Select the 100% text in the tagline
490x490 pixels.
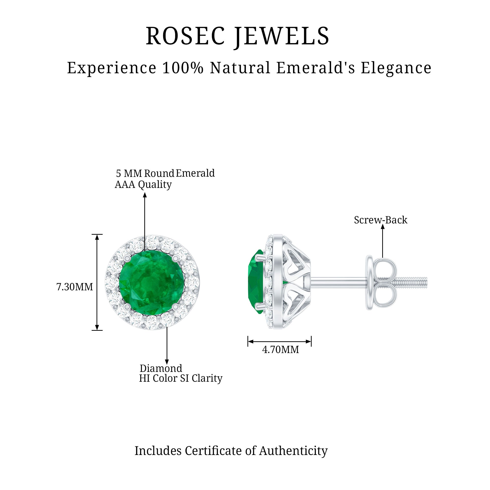point(183,68)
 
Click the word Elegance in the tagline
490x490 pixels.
point(396,68)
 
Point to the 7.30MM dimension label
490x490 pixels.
point(74,287)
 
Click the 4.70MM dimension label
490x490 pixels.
point(281,350)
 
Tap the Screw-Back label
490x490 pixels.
point(380,220)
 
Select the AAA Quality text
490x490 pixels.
point(143,185)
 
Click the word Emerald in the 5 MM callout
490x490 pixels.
point(195,173)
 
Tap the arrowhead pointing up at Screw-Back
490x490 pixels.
point(383,226)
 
